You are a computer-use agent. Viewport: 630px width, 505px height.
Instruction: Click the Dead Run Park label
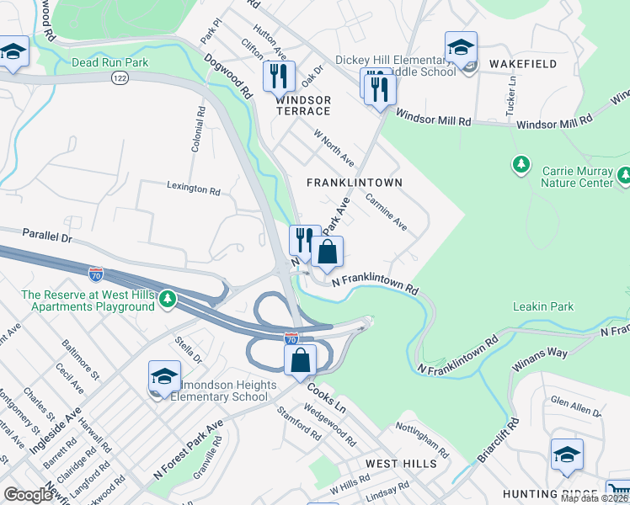click(x=110, y=61)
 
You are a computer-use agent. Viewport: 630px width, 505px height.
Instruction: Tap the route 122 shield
click(x=119, y=77)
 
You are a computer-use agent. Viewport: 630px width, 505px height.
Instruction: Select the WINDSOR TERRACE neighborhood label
click(x=302, y=105)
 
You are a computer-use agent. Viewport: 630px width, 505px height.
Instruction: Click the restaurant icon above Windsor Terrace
click(x=279, y=77)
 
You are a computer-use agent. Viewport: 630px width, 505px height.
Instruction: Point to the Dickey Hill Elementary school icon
click(x=461, y=48)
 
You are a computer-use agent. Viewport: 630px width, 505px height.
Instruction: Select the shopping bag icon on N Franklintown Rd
click(x=327, y=252)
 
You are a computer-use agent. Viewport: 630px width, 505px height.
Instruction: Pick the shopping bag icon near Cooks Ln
click(x=300, y=360)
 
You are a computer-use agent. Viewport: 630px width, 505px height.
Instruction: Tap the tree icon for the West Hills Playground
click(x=168, y=298)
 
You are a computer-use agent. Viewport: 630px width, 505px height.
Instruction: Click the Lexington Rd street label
click(x=193, y=189)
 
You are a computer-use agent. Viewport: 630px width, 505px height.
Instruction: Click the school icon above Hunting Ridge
click(x=567, y=455)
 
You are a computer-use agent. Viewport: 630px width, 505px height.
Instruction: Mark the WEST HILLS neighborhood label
click(x=401, y=464)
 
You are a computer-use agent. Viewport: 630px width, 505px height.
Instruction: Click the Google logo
click(x=29, y=495)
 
